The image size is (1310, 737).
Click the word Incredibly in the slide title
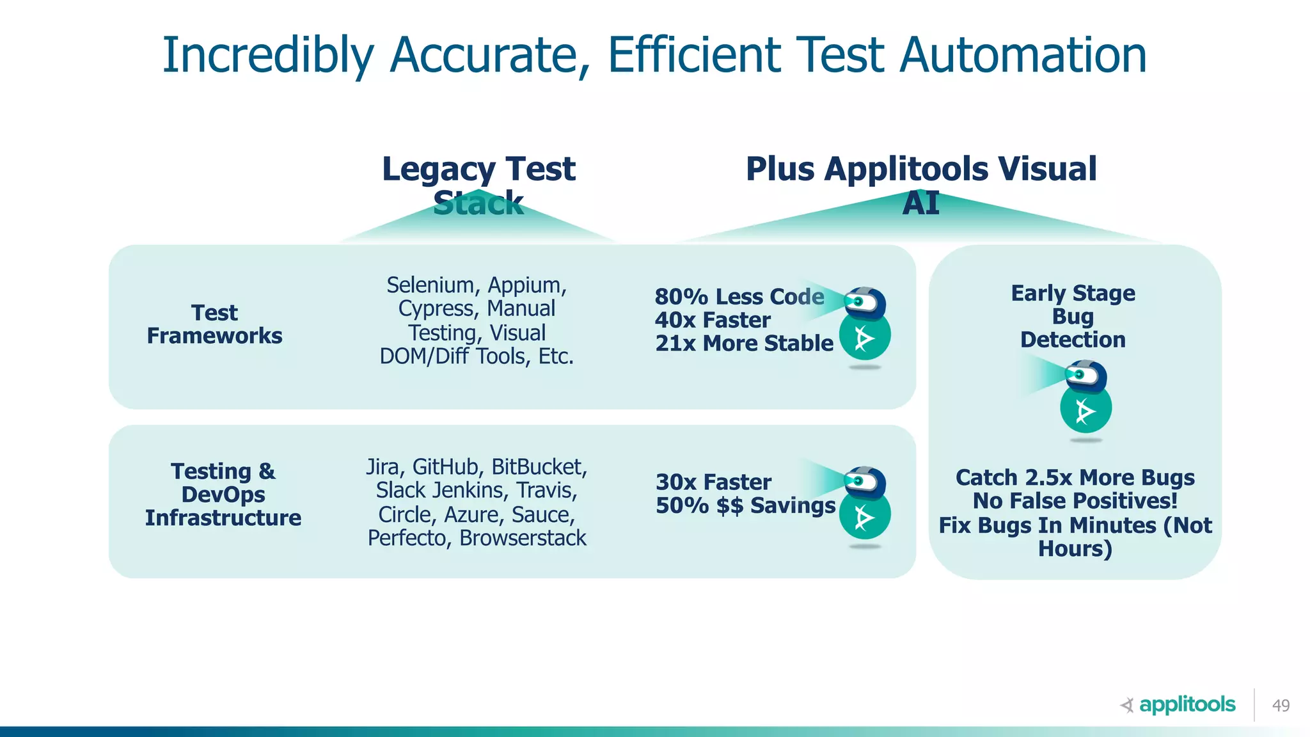pos(267,56)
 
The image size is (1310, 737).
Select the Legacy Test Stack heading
pos(478,184)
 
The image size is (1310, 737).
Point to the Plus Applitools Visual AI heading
pos(921,184)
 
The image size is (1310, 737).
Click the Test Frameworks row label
pos(214,324)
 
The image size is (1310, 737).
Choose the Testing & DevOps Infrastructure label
pos(223,495)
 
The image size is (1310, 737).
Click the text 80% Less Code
pos(739,297)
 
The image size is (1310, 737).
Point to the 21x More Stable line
pos(744,344)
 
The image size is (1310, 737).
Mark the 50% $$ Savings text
pos(745,506)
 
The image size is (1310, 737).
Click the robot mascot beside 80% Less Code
pos(865,326)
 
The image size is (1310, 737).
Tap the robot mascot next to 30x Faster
pos(865,505)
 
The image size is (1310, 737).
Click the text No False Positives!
pos(1075,501)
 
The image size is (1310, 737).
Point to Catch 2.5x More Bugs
pos(1075,478)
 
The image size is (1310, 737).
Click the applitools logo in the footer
pos(1178,705)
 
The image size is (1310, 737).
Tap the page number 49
pos(1281,706)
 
